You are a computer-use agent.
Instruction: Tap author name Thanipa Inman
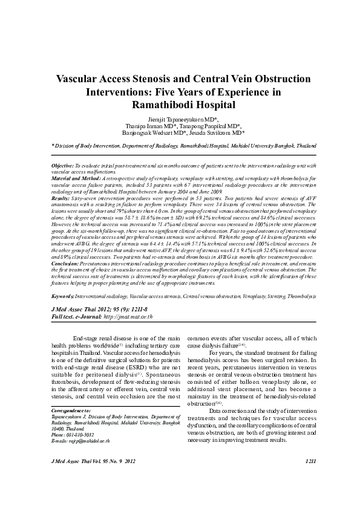point(143,126)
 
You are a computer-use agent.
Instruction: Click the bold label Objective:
point(62,165)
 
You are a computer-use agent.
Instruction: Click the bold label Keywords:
point(62,297)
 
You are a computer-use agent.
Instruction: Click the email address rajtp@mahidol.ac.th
point(80,441)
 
